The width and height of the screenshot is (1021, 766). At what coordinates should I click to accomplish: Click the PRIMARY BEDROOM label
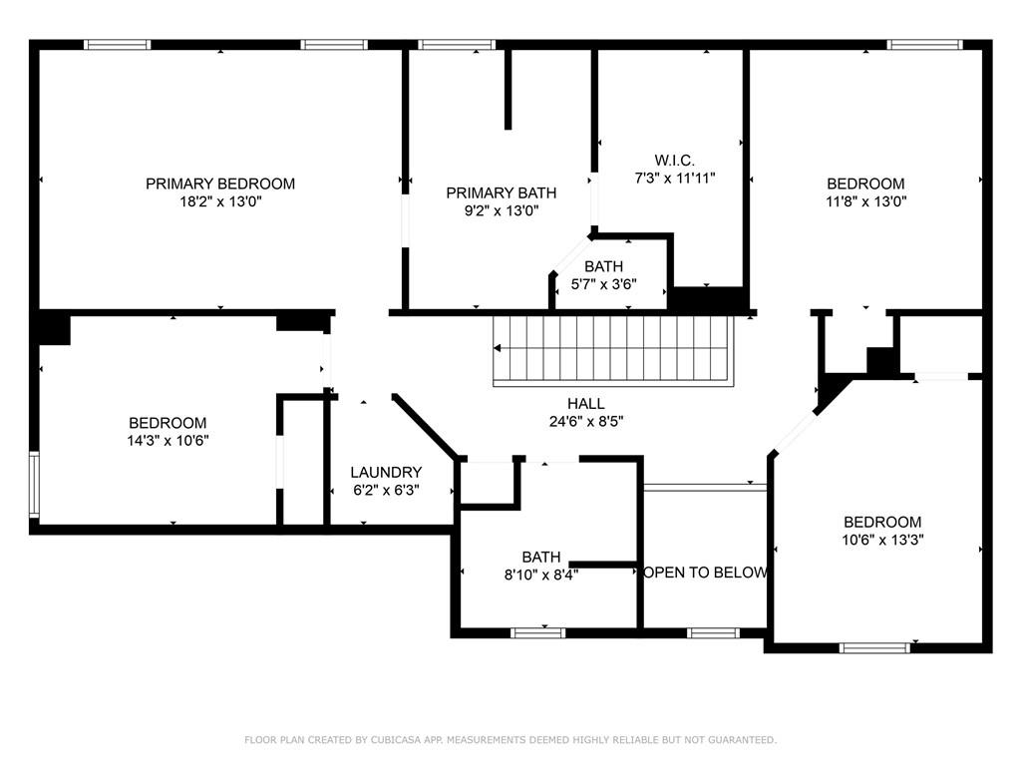tap(220, 184)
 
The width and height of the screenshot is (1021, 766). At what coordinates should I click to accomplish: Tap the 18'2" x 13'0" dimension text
tap(220, 201)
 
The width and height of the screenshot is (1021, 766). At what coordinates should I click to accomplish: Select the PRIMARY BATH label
tap(501, 192)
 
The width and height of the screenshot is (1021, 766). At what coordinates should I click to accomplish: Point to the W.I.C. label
tap(675, 160)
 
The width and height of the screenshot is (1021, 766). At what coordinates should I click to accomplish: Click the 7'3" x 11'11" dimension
tap(675, 178)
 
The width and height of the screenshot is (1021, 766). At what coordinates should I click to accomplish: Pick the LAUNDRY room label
tap(386, 472)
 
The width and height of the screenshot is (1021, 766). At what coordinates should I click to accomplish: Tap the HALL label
tap(586, 404)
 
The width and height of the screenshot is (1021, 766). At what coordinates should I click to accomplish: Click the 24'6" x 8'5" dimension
tap(586, 422)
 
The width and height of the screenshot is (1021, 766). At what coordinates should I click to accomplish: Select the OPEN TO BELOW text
tap(704, 573)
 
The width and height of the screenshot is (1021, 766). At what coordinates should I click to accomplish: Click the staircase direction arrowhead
tap(497, 348)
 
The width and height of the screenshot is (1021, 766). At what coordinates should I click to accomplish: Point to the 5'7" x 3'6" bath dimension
tap(603, 284)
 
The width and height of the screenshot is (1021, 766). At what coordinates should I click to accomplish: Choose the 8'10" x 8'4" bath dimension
tap(541, 575)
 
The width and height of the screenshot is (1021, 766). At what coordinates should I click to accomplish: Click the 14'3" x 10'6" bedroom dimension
tap(168, 441)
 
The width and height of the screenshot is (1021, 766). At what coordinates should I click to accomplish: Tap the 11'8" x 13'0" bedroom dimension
tap(866, 201)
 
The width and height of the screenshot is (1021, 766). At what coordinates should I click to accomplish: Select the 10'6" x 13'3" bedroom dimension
tap(882, 540)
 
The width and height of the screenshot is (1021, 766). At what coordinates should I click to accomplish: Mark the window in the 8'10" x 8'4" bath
tap(537, 633)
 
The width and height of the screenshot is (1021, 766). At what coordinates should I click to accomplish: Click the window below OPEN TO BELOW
tap(714, 633)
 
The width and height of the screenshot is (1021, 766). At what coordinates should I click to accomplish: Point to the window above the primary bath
tap(457, 45)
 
